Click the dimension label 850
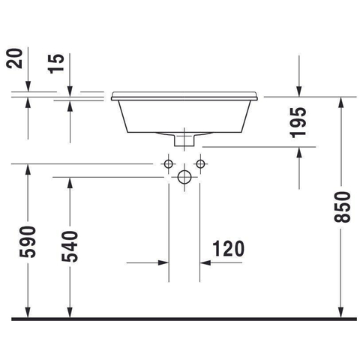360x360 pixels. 343,207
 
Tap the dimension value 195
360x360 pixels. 298,123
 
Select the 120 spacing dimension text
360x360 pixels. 229,249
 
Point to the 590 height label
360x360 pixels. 28,242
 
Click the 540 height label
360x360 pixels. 70,247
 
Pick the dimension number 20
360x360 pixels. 14,58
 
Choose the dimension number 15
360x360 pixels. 56,64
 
